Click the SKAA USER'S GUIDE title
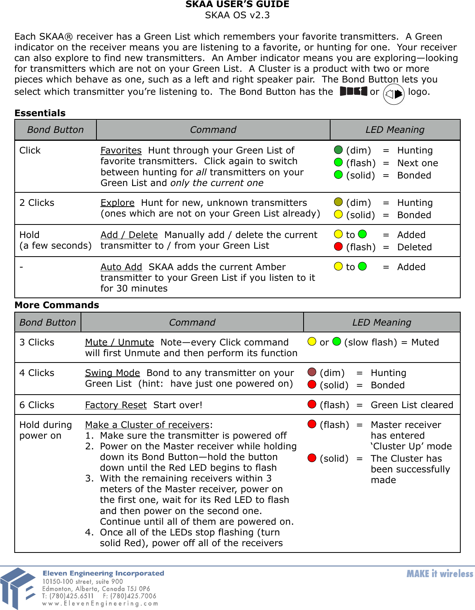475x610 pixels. pos(237,5)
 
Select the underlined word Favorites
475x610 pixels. pos(121,151)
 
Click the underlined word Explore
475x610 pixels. pos(117,203)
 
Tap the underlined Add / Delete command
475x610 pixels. pos(129,235)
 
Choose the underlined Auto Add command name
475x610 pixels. pos(121,267)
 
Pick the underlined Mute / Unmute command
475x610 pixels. pos(119,343)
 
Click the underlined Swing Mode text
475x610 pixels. pos(112,373)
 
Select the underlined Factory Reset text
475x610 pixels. pos(116,405)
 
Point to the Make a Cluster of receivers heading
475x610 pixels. pos(147,425)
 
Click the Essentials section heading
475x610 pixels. pos(40,113)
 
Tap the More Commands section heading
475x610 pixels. pos(57,305)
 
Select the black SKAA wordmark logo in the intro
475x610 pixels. pos(354,92)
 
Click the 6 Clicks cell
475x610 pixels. pos(37,405)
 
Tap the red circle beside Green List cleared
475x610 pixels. pos(312,405)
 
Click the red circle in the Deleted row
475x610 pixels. pos(338,247)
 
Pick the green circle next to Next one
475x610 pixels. pos(338,163)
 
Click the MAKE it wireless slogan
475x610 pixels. pos(440,574)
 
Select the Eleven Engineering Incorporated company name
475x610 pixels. pos(103,574)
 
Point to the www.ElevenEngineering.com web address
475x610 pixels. pos(100,604)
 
